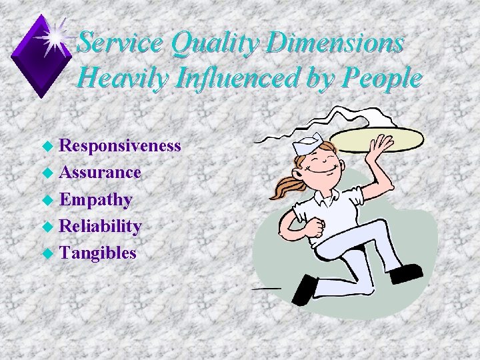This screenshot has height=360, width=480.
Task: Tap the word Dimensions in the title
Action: tap(337, 43)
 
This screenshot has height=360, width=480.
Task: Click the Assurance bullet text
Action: tap(100, 172)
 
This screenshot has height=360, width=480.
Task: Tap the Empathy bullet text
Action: tap(95, 199)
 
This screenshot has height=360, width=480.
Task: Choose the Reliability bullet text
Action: tap(100, 226)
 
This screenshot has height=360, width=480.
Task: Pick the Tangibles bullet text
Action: tap(98, 253)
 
